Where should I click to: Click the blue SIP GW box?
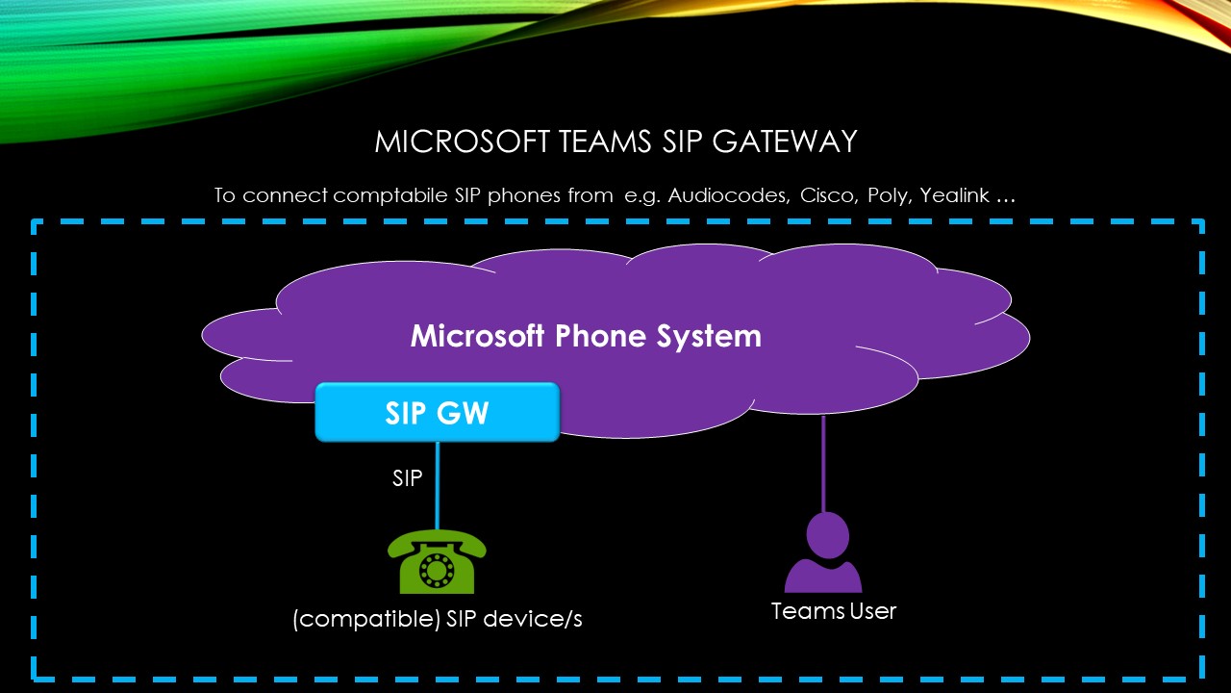(438, 413)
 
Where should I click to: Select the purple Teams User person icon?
(823, 554)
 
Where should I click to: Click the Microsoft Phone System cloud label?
(586, 336)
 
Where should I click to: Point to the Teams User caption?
(834, 611)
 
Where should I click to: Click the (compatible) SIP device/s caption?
(438, 620)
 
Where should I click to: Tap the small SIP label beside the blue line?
(407, 478)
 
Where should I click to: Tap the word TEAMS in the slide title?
(594, 142)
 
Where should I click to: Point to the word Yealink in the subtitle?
(954, 195)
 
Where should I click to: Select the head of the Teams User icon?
(827, 533)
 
